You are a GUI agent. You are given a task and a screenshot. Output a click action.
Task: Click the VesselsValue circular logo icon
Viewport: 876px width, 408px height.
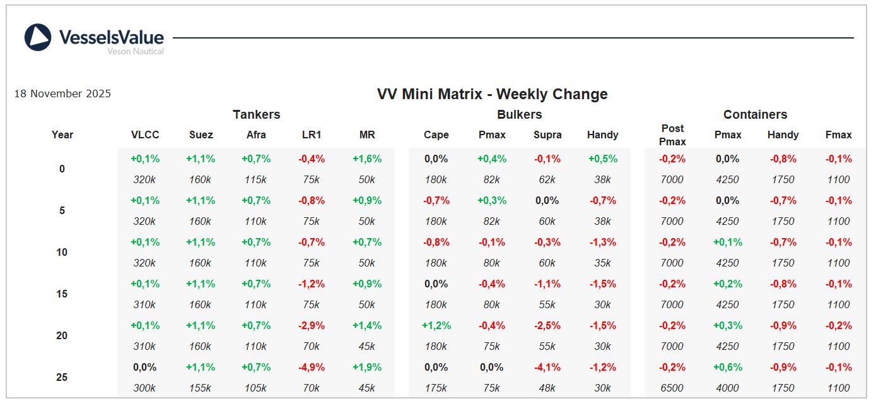pyautogui.click(x=38, y=37)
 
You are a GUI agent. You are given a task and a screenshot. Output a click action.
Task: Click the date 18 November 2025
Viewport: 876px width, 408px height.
pyautogui.click(x=62, y=94)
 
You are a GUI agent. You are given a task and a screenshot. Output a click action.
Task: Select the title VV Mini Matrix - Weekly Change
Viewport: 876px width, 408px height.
pyautogui.click(x=492, y=95)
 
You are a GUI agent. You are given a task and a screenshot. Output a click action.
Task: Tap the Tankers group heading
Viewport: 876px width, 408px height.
pyautogui.click(x=256, y=115)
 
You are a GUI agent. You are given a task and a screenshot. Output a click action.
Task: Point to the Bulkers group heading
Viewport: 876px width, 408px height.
pyautogui.click(x=519, y=115)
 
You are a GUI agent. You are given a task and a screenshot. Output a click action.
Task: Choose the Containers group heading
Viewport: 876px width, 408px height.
pyautogui.click(x=755, y=115)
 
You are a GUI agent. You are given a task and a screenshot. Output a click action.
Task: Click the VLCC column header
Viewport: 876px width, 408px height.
pyautogui.click(x=145, y=135)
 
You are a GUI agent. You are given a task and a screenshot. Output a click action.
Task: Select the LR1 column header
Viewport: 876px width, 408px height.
pyautogui.click(x=311, y=135)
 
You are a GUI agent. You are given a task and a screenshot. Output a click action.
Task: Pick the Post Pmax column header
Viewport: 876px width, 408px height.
pyautogui.click(x=672, y=135)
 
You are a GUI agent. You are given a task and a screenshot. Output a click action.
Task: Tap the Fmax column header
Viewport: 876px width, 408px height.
pyautogui.click(x=838, y=135)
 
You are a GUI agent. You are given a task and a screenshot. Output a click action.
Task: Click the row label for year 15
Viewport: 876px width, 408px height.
pyautogui.click(x=62, y=294)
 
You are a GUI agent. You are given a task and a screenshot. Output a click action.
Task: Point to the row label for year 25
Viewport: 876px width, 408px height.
pyautogui.click(x=62, y=378)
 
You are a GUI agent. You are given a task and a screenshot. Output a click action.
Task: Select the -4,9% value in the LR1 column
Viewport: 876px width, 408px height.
pyautogui.click(x=311, y=368)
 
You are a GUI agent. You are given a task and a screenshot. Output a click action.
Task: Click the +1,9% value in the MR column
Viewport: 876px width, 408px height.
pyautogui.click(x=366, y=368)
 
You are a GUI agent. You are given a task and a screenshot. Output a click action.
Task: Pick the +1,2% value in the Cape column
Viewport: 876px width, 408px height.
pyautogui.click(x=436, y=326)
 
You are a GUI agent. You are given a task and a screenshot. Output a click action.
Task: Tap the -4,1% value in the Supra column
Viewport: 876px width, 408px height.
pyautogui.click(x=547, y=368)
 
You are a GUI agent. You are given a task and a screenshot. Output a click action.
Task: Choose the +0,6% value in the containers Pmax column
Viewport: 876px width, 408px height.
pyautogui.click(x=727, y=368)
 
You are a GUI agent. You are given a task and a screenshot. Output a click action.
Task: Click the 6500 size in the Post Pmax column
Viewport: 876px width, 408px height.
pyautogui.click(x=672, y=388)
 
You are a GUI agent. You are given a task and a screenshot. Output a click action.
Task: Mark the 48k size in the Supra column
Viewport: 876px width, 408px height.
pyautogui.click(x=547, y=388)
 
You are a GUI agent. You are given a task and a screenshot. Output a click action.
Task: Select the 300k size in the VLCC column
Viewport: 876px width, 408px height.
pyautogui.click(x=144, y=388)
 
